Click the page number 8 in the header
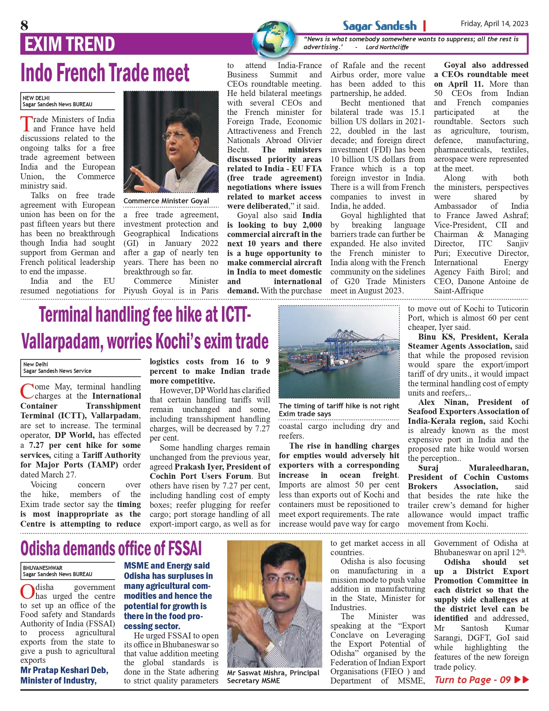pyautogui.click(x=24, y=25)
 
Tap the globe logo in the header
pyautogui.click(x=274, y=39)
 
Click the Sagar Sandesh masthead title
pyautogui.click(x=379, y=26)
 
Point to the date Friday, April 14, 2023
pyautogui.click(x=494, y=23)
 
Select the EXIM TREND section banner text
pyautogui.click(x=70, y=44)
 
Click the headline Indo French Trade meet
pyautogui.click(x=105, y=73)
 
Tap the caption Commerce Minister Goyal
pyautogui.click(x=166, y=201)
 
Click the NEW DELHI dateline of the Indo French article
pyautogui.click(x=36, y=98)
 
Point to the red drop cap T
pyautogui.click(x=26, y=124)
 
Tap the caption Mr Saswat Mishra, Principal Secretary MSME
pyautogui.click(x=273, y=677)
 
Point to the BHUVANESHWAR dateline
pyautogui.click(x=43, y=568)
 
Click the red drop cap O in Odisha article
pyautogui.click(x=27, y=592)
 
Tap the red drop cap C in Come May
pyautogui.click(x=27, y=391)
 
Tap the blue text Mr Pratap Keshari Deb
pyautogui.click(x=64, y=670)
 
